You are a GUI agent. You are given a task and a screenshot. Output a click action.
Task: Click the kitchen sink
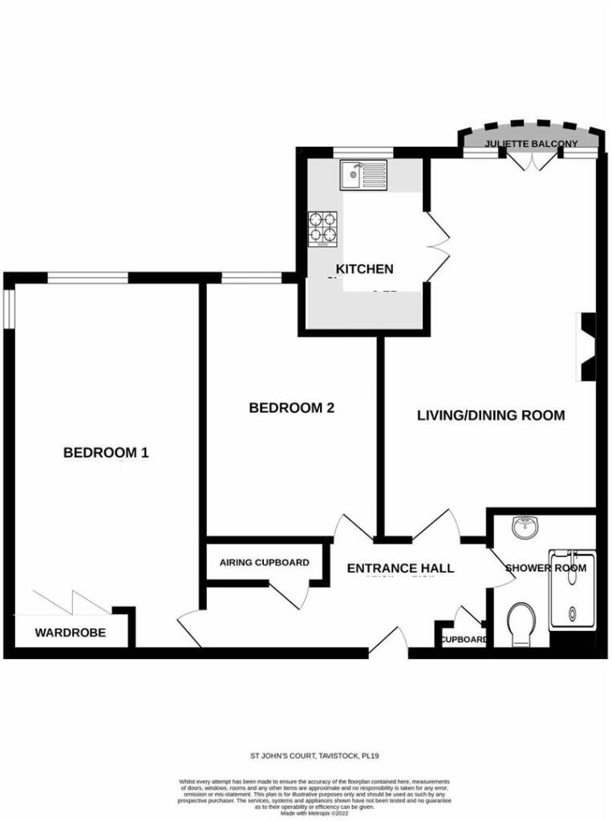(x=363, y=172)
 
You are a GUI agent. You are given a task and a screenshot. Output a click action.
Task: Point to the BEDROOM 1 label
(x=106, y=453)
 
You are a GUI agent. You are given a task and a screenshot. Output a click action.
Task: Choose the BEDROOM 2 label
(x=291, y=408)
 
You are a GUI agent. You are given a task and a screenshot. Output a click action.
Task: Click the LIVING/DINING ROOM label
(x=491, y=415)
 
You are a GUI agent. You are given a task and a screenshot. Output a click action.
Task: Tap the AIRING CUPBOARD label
(x=264, y=563)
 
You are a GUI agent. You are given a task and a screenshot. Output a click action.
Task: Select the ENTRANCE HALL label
(x=400, y=568)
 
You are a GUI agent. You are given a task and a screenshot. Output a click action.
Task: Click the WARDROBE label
(x=71, y=633)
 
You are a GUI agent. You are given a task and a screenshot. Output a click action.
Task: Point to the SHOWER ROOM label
(x=545, y=568)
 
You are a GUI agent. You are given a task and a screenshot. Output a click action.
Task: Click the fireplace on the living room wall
(x=587, y=346)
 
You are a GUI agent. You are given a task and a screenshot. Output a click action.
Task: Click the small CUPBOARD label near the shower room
(x=464, y=639)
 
